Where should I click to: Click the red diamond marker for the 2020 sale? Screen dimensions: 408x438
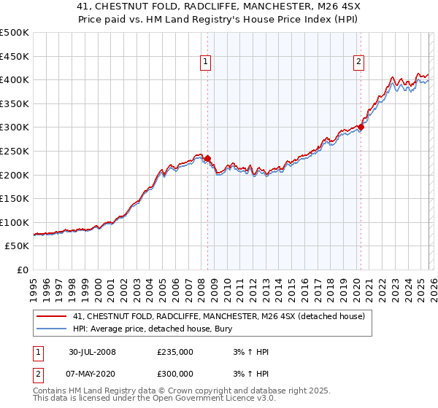[361, 127]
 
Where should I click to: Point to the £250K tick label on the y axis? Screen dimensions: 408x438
[15, 151]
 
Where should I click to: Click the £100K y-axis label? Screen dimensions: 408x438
[15, 222]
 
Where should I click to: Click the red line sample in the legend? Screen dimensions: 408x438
[52, 316]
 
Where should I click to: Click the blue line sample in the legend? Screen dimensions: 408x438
[52, 329]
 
